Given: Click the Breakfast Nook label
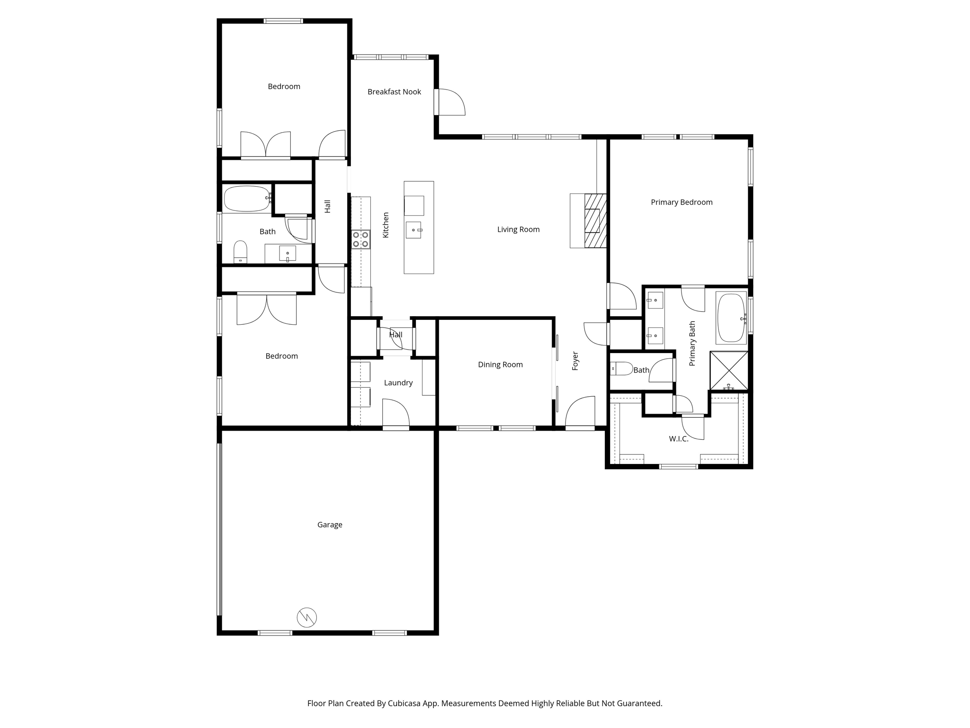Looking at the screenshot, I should point(394,92).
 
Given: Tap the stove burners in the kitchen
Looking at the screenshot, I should point(360,239).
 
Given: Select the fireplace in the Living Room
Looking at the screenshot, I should point(594,220).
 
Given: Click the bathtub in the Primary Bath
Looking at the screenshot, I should point(731,318).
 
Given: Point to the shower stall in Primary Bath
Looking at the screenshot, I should point(728,370).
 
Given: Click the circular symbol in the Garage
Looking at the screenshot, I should point(306,617).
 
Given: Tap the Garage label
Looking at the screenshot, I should point(330,525).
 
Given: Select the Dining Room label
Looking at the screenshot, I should point(500,364).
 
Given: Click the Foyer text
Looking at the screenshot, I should point(575,361).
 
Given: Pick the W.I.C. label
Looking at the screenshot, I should point(678,439).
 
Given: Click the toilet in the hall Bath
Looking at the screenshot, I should point(241,252).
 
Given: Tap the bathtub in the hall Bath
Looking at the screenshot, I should point(246,199).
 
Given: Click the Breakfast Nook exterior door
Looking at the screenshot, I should point(450,102).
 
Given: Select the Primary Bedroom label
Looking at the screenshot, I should point(681,202).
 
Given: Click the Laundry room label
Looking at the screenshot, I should point(398,383).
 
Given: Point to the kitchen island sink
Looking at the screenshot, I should point(413,230).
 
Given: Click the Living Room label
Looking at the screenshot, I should point(518,229).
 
